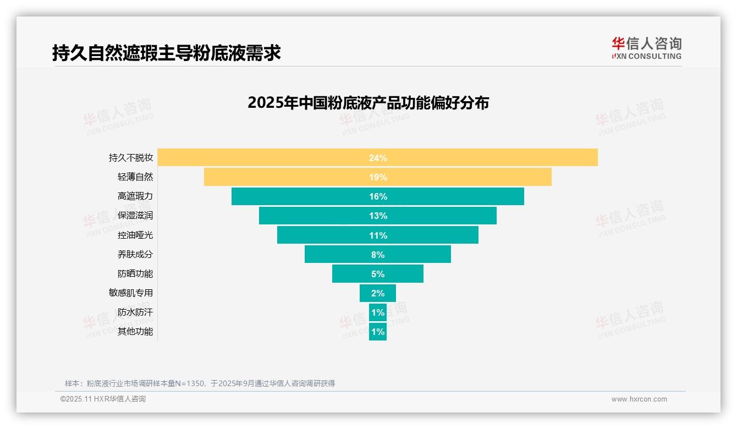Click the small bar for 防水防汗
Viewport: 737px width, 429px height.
point(378,312)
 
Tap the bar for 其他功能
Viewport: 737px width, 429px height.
point(378,332)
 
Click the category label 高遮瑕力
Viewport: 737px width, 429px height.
point(135,196)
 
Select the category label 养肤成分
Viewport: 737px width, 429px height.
point(135,254)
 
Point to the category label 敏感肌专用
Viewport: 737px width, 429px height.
point(131,293)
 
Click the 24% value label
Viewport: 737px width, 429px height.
point(378,158)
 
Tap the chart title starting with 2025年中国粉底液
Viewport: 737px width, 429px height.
point(368,103)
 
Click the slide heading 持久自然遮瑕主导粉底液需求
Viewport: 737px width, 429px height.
point(167,53)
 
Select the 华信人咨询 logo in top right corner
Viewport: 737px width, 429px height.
point(646,48)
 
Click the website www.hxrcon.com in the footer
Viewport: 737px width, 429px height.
point(639,399)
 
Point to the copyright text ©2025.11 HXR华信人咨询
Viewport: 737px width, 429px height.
point(103,399)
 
